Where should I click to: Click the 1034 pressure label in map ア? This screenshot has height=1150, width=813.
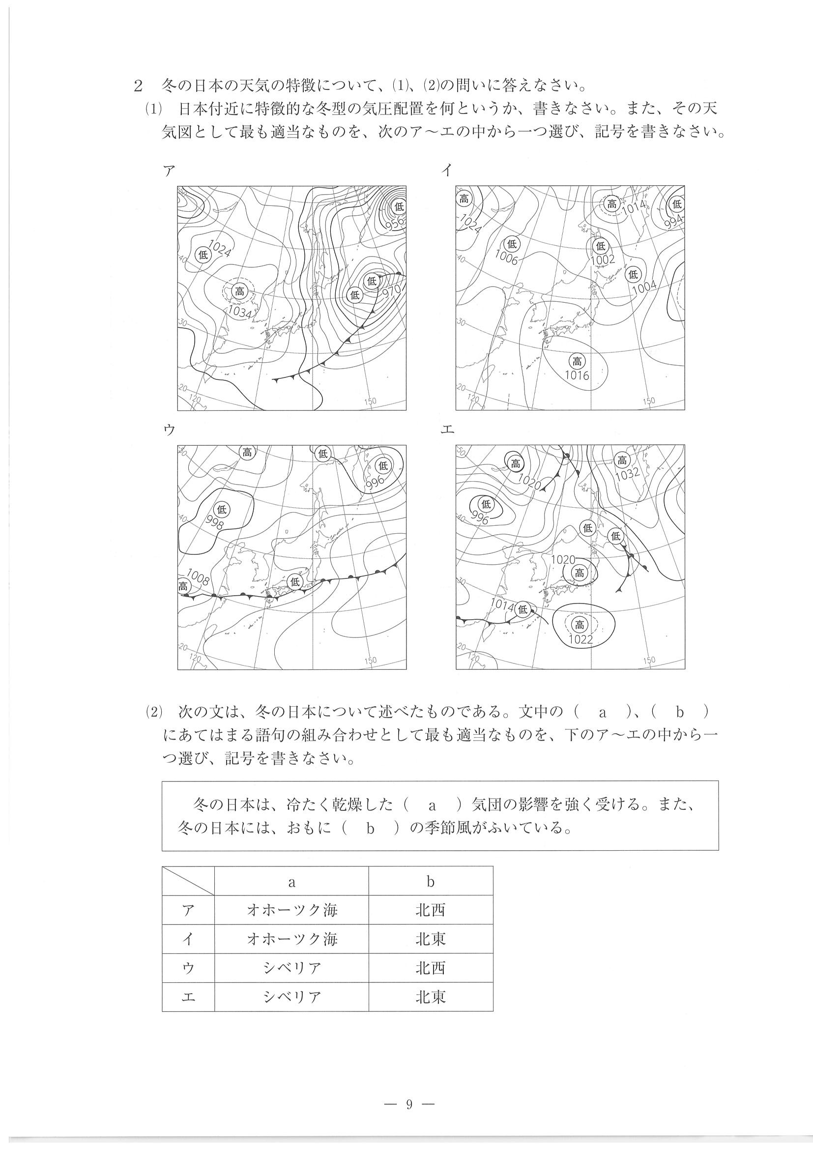coord(239,312)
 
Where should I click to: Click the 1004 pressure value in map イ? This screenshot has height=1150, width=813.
coord(644,288)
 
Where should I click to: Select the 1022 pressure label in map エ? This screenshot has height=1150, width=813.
coord(581,639)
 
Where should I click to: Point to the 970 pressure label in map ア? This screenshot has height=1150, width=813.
coord(391,292)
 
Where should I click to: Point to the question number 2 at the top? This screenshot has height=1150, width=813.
coord(137,86)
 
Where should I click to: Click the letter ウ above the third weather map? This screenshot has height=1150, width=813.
coord(169,429)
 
